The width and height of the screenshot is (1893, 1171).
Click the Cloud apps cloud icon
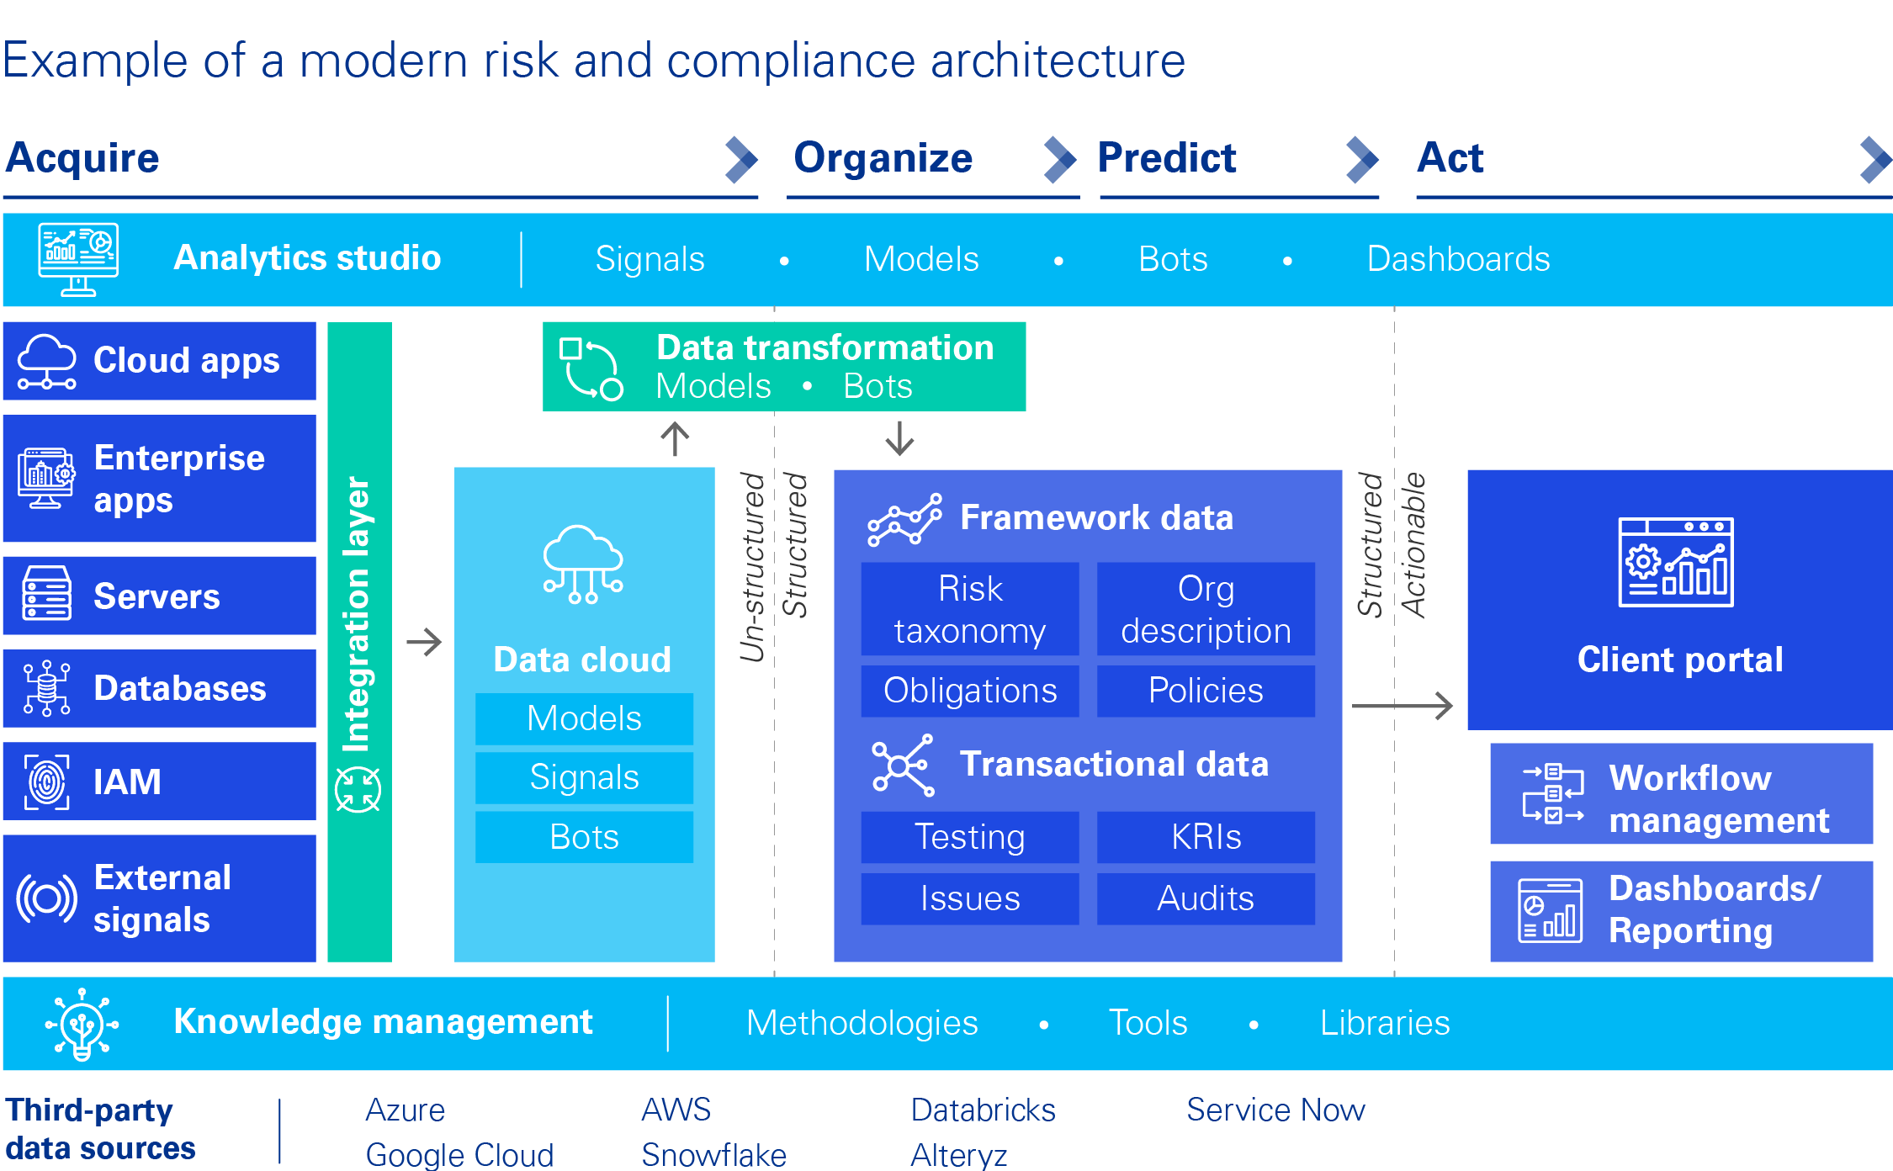(47, 361)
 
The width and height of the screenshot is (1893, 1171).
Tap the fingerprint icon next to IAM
(47, 782)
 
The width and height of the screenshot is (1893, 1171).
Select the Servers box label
(156, 596)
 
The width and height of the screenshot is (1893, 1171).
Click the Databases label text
(180, 688)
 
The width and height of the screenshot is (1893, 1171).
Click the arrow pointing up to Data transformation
(675, 438)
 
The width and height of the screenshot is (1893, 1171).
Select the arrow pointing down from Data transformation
(899, 438)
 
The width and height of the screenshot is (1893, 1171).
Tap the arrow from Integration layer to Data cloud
(424, 643)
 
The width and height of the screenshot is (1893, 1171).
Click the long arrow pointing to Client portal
(1403, 706)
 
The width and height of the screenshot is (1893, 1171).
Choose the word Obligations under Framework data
(970, 691)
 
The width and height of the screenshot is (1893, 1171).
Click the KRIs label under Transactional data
(1206, 837)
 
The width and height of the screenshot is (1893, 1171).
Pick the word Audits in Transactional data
(1205, 898)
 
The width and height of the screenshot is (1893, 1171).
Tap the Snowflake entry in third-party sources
(713, 1154)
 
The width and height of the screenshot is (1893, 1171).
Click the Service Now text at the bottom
(1275, 1110)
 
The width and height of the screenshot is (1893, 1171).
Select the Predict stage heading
(1167, 158)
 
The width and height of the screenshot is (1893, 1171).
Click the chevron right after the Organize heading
(1060, 160)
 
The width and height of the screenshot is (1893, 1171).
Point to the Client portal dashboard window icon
(1676, 562)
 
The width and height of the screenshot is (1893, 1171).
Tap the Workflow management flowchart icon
(1553, 793)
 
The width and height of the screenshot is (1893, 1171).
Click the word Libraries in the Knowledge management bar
(1385, 1023)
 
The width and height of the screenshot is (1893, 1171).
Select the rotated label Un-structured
(752, 567)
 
